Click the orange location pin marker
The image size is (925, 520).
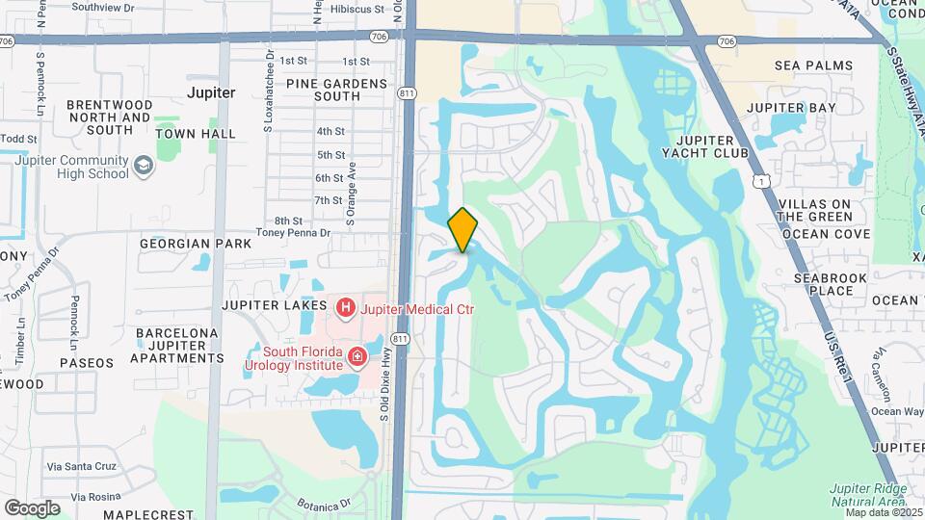click(463, 230)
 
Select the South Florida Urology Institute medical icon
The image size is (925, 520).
click(357, 358)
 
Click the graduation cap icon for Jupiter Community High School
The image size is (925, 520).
click(144, 167)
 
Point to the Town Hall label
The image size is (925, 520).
click(196, 134)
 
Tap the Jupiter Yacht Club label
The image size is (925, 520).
click(706, 145)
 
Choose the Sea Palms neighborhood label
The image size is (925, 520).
click(813, 65)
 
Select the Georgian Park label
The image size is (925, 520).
click(196, 244)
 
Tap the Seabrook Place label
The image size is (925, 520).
click(824, 284)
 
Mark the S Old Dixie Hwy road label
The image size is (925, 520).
click(385, 384)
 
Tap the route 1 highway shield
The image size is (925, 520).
click(762, 181)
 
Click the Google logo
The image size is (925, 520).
click(32, 507)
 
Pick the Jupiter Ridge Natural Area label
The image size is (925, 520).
click(868, 494)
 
